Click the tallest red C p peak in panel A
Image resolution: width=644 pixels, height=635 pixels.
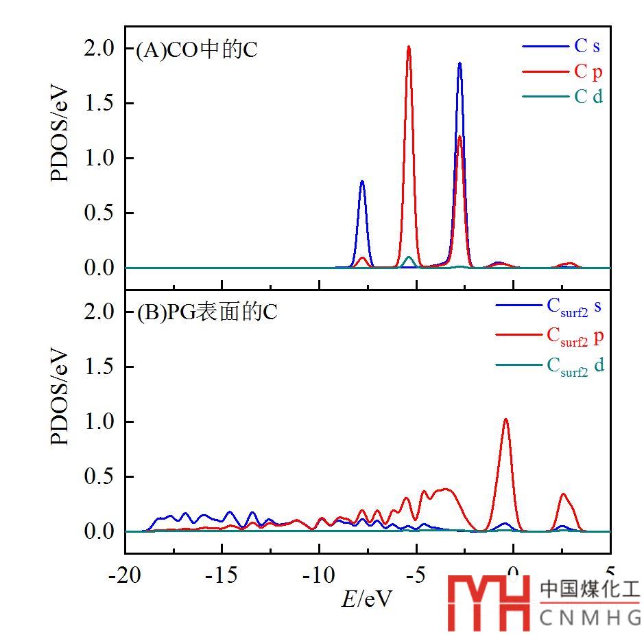tap(409, 48)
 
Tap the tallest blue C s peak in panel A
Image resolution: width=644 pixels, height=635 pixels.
tap(460, 64)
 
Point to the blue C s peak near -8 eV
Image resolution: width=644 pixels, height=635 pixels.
tap(362, 182)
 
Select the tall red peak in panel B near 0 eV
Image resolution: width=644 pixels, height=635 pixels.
tap(505, 419)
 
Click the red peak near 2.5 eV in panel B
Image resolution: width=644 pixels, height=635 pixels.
tap(563, 494)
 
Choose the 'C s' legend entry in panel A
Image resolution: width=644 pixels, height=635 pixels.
tap(587, 47)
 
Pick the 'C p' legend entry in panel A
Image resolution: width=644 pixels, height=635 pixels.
tap(588, 71)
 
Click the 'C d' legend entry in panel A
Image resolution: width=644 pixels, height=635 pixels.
tap(588, 96)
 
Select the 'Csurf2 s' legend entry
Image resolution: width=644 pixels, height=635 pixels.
tap(574, 307)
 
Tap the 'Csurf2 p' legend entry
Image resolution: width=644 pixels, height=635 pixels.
tap(575, 336)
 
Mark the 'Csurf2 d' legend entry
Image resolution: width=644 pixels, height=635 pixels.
tap(575, 365)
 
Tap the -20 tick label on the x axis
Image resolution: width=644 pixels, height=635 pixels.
tap(125, 575)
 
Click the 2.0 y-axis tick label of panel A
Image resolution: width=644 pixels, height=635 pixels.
tap(100, 49)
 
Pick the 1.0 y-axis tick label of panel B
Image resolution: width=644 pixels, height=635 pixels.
tap(100, 422)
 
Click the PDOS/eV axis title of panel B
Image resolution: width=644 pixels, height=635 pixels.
tap(60, 398)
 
